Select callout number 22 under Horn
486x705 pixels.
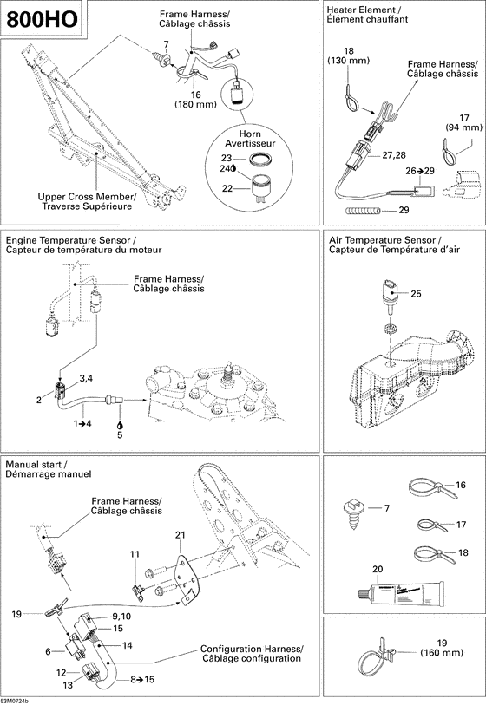coord(227,188)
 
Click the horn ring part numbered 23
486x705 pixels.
coord(259,160)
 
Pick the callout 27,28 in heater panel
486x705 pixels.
coord(394,154)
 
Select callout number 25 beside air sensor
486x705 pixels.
coord(416,294)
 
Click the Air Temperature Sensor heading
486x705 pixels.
coord(383,245)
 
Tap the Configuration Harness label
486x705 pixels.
coord(251,654)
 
